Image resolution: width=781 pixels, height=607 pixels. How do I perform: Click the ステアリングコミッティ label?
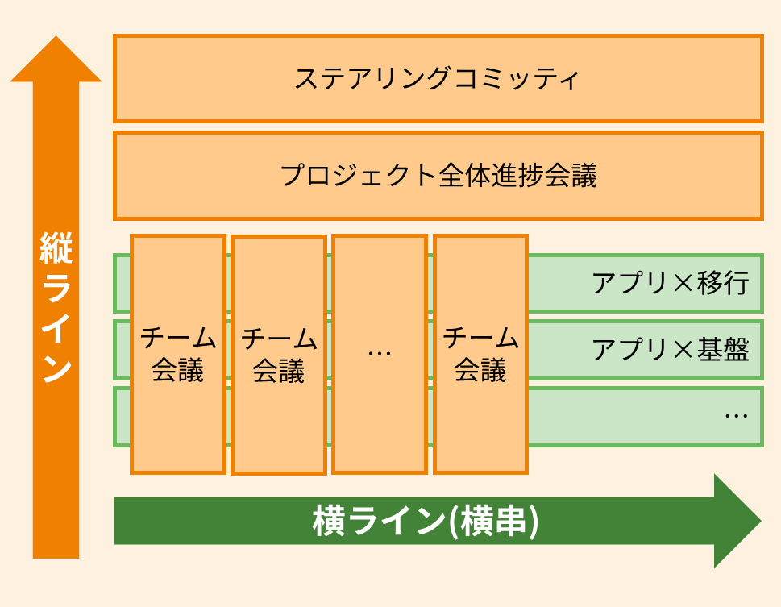tap(437, 79)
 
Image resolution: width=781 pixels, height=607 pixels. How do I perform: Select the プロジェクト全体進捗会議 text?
tap(438, 176)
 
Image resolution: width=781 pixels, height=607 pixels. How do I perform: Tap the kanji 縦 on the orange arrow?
tap(56, 249)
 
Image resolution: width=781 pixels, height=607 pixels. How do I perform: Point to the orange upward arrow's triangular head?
tap(56, 61)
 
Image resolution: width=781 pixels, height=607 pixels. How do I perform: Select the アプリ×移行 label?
tap(671, 284)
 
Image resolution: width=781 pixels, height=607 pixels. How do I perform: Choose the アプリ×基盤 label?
tap(671, 350)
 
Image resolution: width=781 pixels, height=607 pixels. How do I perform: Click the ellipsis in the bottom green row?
tap(735, 416)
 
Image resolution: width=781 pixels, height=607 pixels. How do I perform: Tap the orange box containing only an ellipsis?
tap(379, 353)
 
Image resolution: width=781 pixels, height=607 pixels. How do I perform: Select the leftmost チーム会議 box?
tap(178, 353)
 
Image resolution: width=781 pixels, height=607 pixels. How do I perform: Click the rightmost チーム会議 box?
tap(480, 353)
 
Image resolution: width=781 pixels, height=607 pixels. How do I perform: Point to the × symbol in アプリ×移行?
tap(683, 284)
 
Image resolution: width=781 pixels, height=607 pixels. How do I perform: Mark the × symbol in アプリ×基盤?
tap(683, 350)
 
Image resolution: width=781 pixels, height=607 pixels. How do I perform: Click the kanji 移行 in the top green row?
tap(724, 284)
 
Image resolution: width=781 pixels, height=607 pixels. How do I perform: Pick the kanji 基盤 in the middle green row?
tap(724, 350)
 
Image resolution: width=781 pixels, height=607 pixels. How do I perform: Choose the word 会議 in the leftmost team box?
tap(178, 371)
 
